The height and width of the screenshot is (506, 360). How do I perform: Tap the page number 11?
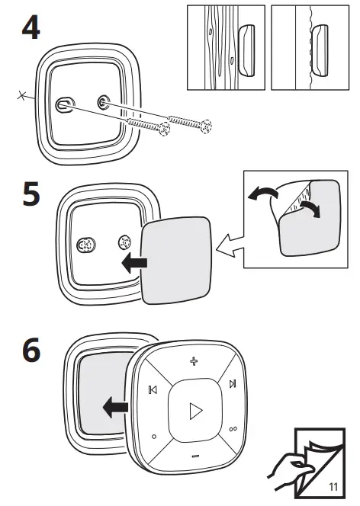pyautogui.click(x=333, y=486)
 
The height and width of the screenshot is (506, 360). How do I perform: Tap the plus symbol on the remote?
pyautogui.click(x=194, y=360)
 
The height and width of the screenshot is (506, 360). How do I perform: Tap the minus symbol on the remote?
pyautogui.click(x=194, y=456)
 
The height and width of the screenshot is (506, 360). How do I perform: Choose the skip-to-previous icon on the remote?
pyautogui.click(x=153, y=391)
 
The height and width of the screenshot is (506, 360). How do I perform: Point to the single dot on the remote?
pyautogui.click(x=154, y=437)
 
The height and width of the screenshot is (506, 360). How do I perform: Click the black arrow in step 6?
pyautogui.click(x=114, y=408)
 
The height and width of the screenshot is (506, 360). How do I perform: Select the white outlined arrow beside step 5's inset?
pyautogui.click(x=228, y=244)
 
